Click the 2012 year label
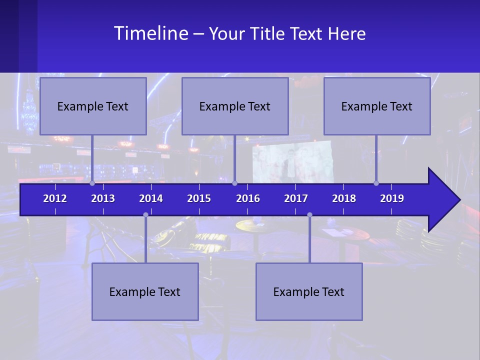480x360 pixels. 55,198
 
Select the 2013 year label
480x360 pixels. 103,198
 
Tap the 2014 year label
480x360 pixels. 151,198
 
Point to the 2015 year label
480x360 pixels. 199,198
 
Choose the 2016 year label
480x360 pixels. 248,198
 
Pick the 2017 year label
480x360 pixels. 296,198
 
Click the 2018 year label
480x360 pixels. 344,198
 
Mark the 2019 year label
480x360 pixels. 392,198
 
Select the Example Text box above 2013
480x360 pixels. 93,106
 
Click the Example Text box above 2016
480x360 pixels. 235,106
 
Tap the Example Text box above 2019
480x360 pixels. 377,106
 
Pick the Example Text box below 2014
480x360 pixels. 145,291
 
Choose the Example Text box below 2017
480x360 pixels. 309,291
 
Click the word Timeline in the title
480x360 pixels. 151,33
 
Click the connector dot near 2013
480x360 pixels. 92,183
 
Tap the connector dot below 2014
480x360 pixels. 145,215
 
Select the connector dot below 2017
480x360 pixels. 309,215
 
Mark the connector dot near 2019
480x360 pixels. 376,183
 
